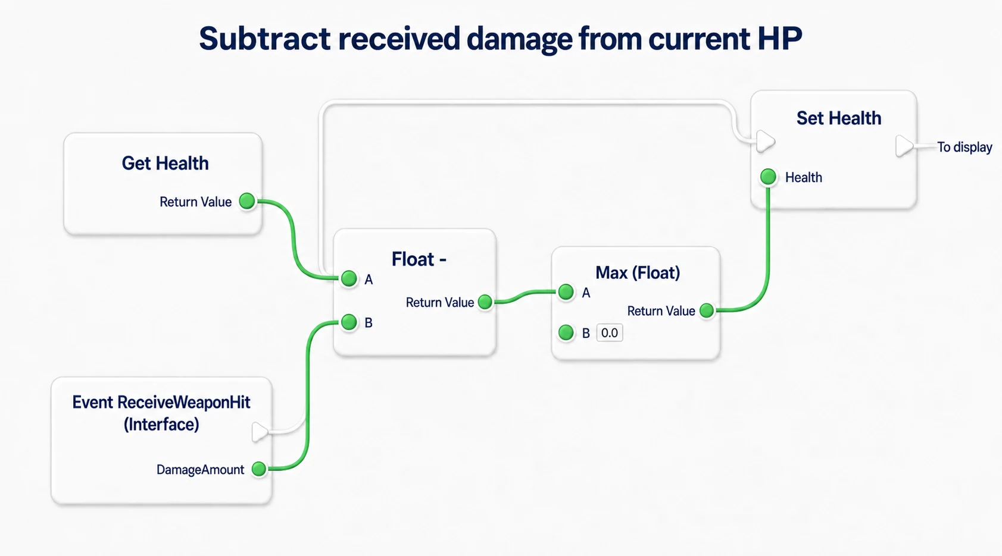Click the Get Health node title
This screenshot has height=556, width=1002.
coord(165,163)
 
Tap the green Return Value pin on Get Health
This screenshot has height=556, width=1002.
coord(247,201)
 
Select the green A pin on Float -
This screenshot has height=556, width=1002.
coord(349,278)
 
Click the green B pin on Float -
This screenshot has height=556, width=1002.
coord(349,322)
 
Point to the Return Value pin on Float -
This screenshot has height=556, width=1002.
coord(485,301)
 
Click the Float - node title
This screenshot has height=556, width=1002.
coord(419,259)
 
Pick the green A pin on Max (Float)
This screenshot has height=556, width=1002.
coord(566,292)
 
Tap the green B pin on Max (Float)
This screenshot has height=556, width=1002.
coord(566,332)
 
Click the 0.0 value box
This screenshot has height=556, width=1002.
coord(609,333)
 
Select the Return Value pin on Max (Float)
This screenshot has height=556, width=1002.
coord(707,310)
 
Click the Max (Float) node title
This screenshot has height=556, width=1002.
coord(638,272)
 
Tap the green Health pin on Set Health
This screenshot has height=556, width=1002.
coord(768,177)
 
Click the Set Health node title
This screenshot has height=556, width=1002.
coord(839,118)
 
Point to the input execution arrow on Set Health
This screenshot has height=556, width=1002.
coord(765,142)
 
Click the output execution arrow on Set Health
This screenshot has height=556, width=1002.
coord(904,146)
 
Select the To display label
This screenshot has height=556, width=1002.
coord(964,147)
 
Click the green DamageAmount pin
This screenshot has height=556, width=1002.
coord(258,469)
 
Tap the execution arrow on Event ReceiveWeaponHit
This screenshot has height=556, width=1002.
coord(260,432)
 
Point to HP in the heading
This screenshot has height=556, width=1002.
coord(780,39)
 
